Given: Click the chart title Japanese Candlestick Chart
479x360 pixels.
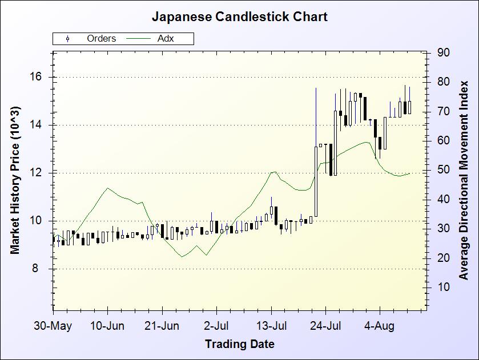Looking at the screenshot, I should (239, 17).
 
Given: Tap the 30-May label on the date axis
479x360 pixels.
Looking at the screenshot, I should (53, 326).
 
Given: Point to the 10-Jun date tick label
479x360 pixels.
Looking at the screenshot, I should (107, 326).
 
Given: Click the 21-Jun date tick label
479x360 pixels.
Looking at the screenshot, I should (162, 326).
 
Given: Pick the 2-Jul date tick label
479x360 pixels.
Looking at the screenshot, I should (216, 326).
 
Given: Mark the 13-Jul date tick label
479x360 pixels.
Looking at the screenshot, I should (271, 326).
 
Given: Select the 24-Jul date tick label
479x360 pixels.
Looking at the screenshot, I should (325, 326).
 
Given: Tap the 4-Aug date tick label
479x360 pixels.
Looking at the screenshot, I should (380, 326).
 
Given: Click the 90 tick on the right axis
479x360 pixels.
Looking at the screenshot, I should (444, 52).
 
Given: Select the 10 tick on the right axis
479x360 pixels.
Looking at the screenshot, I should (444, 288).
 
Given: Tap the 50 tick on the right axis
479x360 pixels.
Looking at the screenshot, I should (444, 170).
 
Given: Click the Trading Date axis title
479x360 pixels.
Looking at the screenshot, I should (239, 344).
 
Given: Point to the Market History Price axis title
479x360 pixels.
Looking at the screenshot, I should (15, 180).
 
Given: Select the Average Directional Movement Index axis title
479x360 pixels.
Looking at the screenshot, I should (464, 180).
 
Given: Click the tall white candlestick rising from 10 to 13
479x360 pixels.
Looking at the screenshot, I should (316, 181).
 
